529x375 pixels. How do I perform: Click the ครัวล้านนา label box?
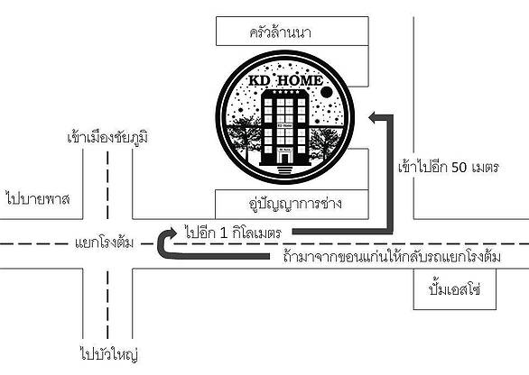point(292,31)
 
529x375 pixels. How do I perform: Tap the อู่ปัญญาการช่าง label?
point(295,204)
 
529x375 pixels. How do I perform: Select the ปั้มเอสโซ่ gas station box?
point(455,289)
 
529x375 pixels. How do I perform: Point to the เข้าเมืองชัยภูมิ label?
point(107,136)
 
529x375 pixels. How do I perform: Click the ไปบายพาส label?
point(38,198)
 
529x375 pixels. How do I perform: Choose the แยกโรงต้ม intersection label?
point(104,242)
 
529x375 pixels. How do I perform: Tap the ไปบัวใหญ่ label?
point(109,353)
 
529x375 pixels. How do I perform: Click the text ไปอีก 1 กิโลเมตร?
point(233,233)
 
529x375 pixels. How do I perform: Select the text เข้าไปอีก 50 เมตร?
point(449,167)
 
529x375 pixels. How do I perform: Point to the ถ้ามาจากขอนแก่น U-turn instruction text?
point(392,256)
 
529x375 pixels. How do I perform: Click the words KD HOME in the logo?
point(285,80)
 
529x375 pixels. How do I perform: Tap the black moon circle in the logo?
point(326,92)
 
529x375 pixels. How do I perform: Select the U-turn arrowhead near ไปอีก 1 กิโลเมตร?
point(171,233)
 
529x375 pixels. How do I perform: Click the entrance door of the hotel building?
point(285,158)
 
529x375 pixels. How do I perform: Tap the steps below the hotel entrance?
point(285,169)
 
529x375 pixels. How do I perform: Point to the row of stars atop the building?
point(285,92)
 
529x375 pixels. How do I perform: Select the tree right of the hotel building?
point(325,142)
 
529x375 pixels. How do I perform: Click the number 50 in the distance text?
point(459,167)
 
